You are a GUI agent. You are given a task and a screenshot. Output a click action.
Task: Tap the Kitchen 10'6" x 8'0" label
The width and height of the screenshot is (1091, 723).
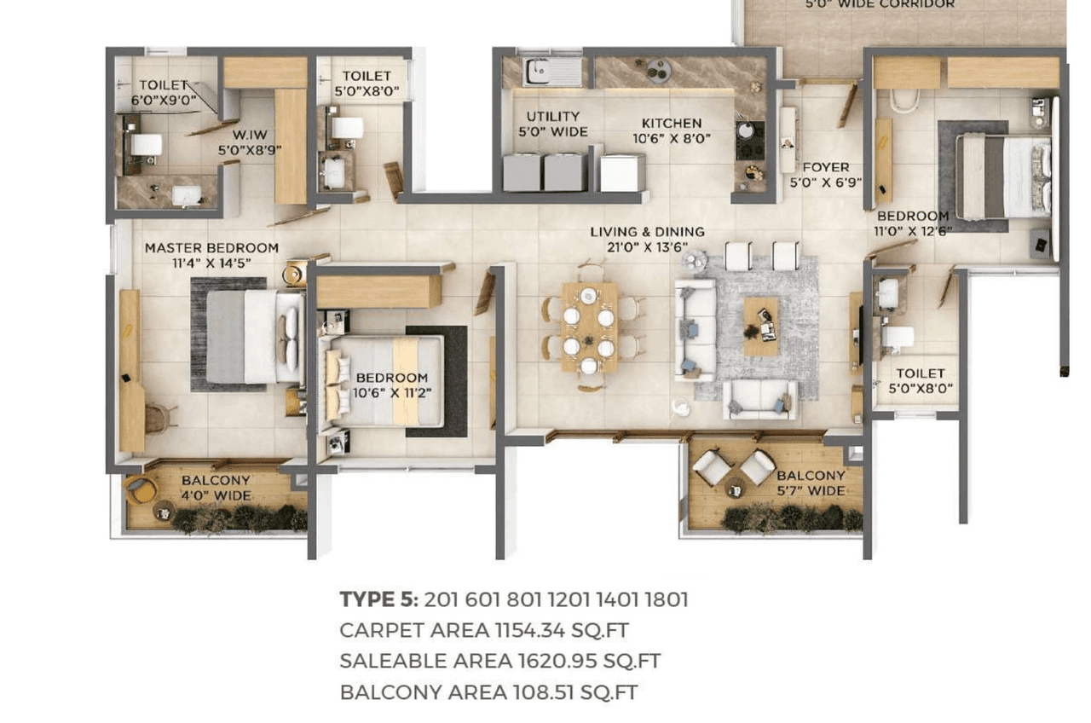pos(672,130)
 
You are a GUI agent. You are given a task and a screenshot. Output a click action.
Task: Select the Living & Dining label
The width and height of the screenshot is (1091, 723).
pos(648,239)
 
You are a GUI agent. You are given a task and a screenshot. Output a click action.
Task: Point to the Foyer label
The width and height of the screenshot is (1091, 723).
pos(825,175)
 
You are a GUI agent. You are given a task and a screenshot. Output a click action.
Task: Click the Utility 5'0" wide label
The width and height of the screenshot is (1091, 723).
pos(552,124)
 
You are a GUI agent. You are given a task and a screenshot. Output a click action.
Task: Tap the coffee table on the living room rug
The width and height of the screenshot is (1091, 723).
pos(760,326)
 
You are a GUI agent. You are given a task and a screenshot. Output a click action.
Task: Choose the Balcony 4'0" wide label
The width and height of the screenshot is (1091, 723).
pos(216,488)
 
